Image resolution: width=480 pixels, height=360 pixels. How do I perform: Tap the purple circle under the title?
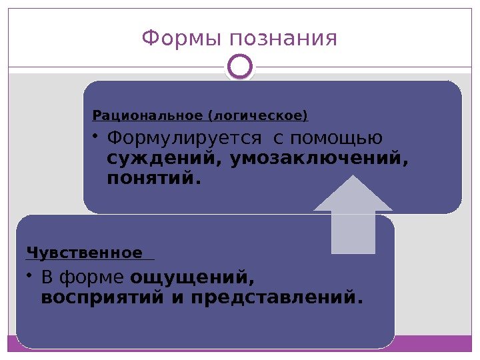pos(240,67)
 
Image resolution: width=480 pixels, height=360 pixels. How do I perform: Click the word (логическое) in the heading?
pos(259,117)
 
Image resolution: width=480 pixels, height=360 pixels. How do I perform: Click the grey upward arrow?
pos(353,213)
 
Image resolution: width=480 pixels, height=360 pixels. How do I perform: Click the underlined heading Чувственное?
pos(85,253)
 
